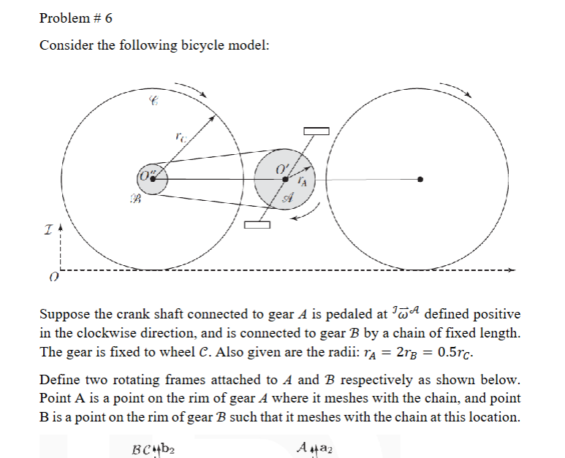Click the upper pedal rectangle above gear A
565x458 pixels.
[317, 131]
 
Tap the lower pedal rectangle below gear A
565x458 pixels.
[257, 225]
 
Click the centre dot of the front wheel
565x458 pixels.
[420, 180]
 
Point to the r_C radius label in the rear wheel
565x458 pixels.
[181, 136]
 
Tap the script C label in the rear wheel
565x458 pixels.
[153, 102]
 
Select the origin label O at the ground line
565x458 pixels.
[53, 278]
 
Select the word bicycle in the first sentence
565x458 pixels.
[187, 45]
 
